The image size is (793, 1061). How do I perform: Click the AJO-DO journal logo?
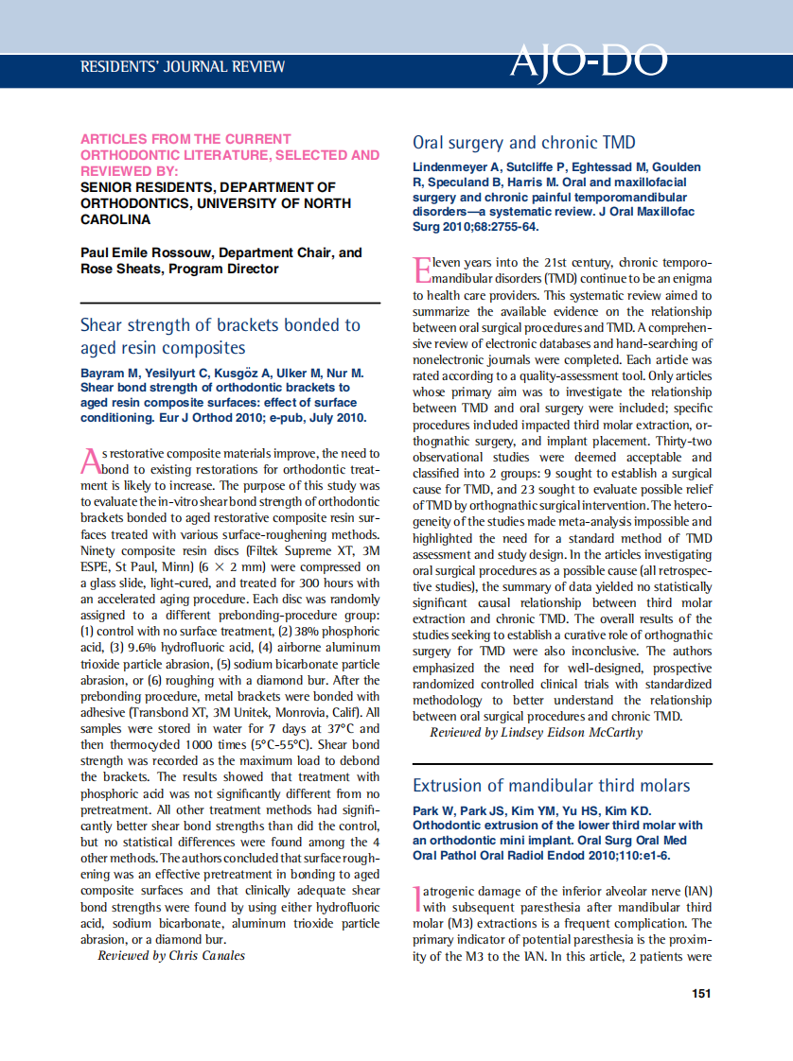tap(589, 61)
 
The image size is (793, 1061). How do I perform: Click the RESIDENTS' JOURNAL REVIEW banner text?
tap(183, 67)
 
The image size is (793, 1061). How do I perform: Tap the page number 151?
tap(701, 993)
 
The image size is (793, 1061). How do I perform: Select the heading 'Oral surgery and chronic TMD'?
tap(523, 143)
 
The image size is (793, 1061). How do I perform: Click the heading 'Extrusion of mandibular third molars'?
tap(551, 786)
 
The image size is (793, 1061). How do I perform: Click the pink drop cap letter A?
tap(90, 461)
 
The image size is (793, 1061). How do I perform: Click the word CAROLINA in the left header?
tap(115, 219)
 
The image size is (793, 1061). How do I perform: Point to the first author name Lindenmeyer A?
tap(456, 167)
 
